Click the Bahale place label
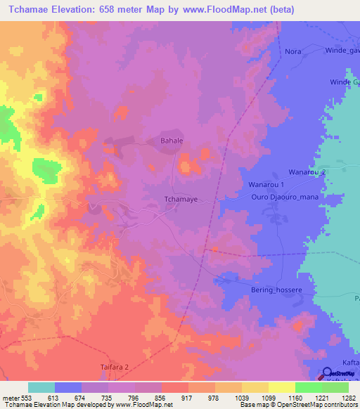[x=169, y=141]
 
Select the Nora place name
[x=292, y=51]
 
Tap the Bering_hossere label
[x=265, y=290]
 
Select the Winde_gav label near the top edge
[x=342, y=51]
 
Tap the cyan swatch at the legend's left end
[x=41, y=387]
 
